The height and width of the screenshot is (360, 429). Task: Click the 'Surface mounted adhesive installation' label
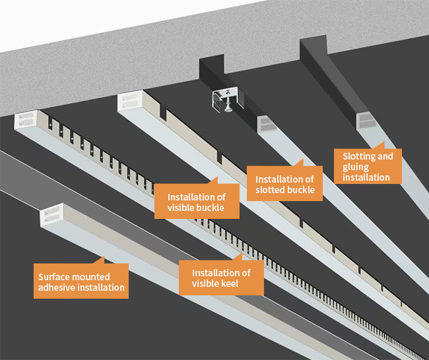pyautogui.click(x=81, y=282)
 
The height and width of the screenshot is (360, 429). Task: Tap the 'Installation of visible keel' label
pyautogui.click(x=221, y=278)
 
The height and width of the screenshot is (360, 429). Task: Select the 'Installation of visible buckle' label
pyautogui.click(x=197, y=202)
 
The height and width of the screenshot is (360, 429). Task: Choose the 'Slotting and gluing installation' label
pyautogui.click(x=368, y=166)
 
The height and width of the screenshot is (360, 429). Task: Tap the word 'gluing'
pyautogui.click(x=357, y=166)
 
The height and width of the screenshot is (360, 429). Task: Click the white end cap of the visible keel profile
pyautogui.click(x=27, y=120)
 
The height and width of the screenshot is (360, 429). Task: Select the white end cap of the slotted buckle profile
pyautogui.click(x=266, y=123)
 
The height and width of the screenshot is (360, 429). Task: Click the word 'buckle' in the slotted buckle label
pyautogui.click(x=302, y=191)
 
